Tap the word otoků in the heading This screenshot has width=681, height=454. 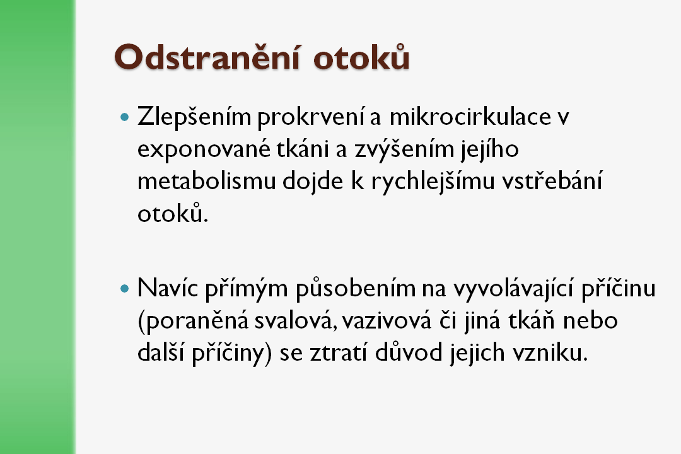[361, 57]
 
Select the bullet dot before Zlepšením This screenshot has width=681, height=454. [125, 117]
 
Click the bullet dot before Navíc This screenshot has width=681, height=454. [125, 288]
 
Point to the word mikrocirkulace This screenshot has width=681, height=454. [470, 117]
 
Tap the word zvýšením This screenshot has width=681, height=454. [404, 149]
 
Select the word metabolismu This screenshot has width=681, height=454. [207, 181]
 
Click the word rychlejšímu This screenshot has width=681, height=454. [433, 182]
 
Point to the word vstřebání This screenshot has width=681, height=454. [552, 180]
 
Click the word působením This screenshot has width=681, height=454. [356, 289]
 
